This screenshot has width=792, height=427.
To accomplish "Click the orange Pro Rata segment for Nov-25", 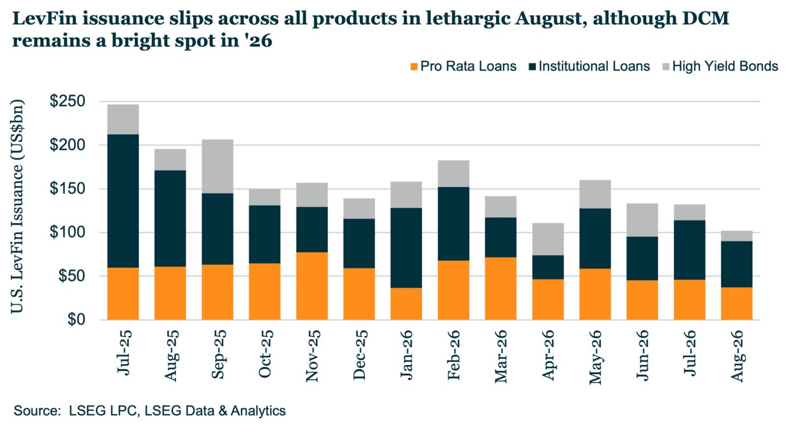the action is pyautogui.click(x=312, y=286).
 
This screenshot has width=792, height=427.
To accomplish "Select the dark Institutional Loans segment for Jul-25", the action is pyautogui.click(x=123, y=201).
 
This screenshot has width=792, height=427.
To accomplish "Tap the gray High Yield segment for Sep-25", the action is pyautogui.click(x=217, y=166).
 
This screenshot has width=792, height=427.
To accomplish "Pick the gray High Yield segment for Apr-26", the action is pyautogui.click(x=548, y=239).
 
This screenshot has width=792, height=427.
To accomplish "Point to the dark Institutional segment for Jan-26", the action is pyautogui.click(x=406, y=248).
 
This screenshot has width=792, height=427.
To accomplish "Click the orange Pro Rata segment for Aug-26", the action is pyautogui.click(x=736, y=304).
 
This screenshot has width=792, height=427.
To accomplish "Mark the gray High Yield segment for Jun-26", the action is pyautogui.click(x=642, y=220).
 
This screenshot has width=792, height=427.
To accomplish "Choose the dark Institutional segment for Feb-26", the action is pyautogui.click(x=453, y=223).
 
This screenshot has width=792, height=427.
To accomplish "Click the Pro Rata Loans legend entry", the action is pyautogui.click(x=464, y=66).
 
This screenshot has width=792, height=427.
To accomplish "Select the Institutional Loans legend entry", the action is pyautogui.click(x=590, y=66).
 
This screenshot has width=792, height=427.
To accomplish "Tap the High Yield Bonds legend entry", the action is pyautogui.click(x=721, y=66).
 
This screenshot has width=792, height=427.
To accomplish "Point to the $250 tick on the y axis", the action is pyautogui.click(x=68, y=101).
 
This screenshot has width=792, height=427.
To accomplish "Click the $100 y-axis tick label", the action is pyautogui.click(x=68, y=232).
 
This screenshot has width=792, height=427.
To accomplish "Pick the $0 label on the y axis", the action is pyautogui.click(x=76, y=320).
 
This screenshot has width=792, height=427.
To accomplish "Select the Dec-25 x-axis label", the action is pyautogui.click(x=359, y=354).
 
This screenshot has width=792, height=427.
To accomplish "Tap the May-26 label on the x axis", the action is pyautogui.click(x=596, y=357).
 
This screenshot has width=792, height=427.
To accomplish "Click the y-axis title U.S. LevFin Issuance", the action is pyautogui.click(x=17, y=206).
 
